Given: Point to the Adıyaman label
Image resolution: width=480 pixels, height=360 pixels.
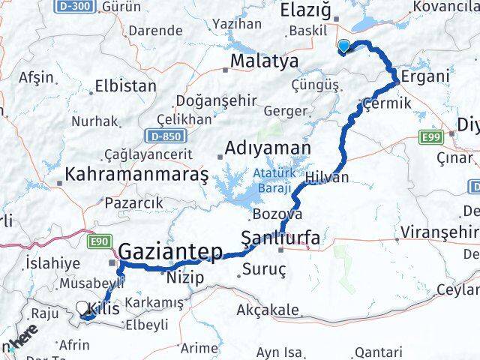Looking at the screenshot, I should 268,146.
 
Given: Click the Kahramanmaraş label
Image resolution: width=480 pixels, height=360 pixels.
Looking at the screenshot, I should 136,175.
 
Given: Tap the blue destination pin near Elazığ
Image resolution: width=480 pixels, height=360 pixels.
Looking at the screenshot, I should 343,46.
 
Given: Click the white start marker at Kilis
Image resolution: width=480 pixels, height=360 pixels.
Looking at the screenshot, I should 82,307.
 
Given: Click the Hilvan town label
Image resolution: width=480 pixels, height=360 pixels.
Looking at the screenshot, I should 327,178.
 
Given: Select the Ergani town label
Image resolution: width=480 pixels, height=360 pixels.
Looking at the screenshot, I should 424,76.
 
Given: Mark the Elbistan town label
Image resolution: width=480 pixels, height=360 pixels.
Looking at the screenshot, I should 124,85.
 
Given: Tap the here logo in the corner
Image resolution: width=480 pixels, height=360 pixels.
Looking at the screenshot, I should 22,341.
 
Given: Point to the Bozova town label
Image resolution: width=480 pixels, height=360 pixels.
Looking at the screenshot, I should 277,214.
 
